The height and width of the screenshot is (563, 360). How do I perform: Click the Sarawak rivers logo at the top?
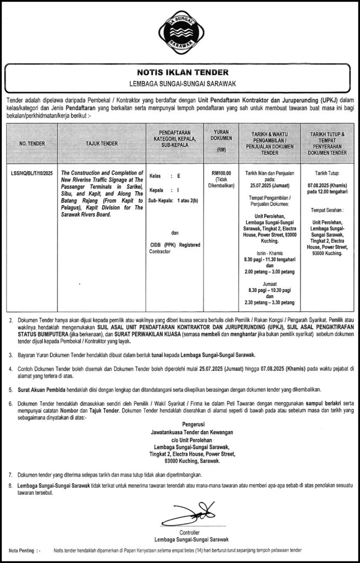pos(180,31)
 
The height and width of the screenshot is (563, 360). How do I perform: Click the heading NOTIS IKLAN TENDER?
pos(180,73)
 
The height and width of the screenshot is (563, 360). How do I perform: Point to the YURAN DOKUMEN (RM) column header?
pos(221,141)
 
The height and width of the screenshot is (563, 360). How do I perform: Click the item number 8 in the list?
pos(10,485)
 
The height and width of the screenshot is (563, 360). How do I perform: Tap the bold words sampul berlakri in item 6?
pos(325,404)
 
